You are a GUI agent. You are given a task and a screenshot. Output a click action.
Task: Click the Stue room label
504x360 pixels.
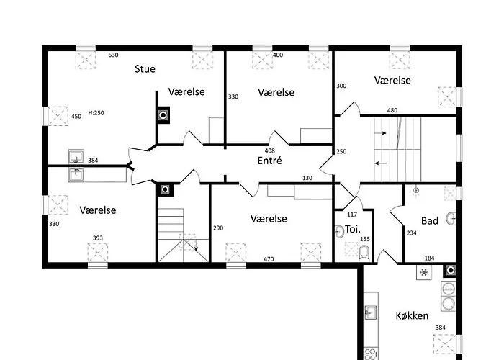(145, 69)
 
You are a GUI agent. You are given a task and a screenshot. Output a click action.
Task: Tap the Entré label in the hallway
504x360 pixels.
(269, 161)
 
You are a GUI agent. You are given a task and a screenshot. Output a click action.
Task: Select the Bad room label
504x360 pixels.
(430, 221)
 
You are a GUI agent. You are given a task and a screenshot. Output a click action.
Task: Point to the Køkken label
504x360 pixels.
(413, 315)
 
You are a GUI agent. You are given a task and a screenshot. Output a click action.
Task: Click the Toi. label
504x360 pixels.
(353, 230)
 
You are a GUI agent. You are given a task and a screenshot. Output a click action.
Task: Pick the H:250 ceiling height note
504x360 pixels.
(96, 113)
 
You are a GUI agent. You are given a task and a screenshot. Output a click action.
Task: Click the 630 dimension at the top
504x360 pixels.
(113, 55)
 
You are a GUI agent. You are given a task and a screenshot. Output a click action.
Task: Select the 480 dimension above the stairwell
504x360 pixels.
(392, 110)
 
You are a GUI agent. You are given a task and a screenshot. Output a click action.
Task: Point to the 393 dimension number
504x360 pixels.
(97, 238)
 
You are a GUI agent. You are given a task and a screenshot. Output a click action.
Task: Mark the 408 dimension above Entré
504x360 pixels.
(270, 150)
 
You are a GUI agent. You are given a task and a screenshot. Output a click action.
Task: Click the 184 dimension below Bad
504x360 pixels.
(429, 258)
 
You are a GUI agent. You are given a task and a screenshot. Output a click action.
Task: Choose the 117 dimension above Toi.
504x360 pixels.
(352, 214)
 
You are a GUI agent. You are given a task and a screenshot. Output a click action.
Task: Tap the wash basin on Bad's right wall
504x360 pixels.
(451, 219)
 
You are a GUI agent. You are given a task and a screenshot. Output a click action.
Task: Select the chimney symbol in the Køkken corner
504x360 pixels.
(451, 271)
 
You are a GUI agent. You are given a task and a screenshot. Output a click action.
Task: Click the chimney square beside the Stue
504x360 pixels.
(164, 114)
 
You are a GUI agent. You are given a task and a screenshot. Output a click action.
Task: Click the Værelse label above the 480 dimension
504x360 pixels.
(392, 80)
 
